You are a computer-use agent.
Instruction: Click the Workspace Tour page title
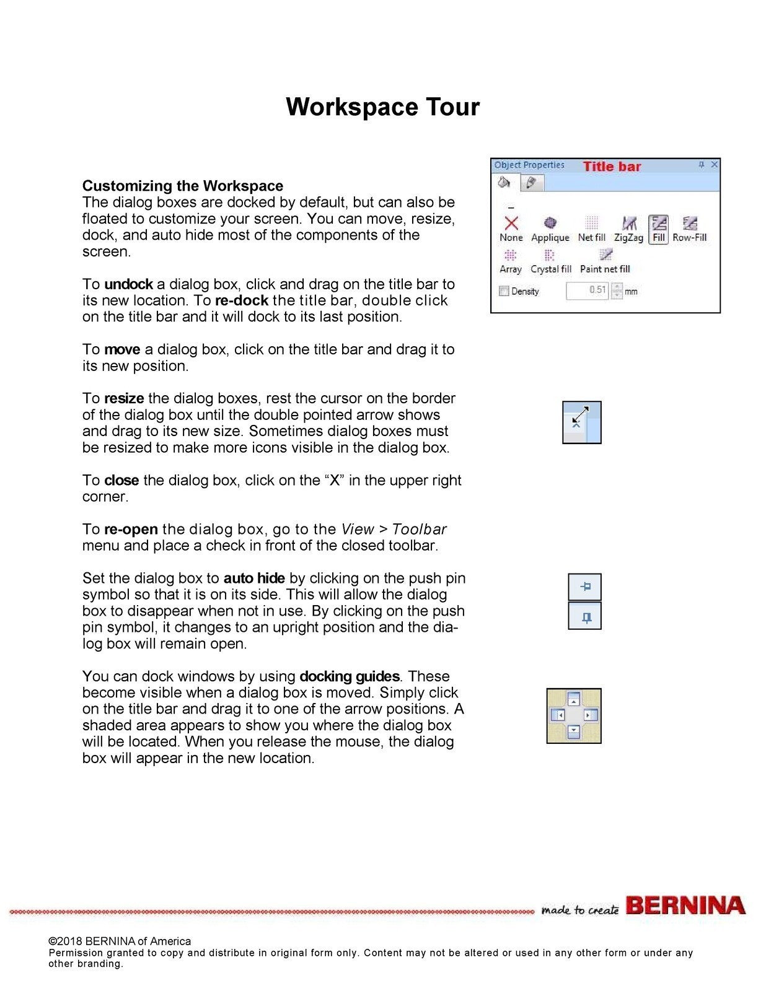click(x=382, y=107)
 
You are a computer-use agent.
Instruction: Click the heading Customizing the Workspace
click(x=183, y=186)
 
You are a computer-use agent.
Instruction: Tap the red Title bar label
click(x=612, y=166)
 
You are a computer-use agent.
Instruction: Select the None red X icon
click(x=511, y=224)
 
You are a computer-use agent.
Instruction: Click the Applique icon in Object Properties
click(x=550, y=223)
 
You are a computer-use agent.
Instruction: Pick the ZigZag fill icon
click(x=629, y=223)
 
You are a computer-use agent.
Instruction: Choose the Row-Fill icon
click(x=690, y=223)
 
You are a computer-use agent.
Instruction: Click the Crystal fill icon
click(x=550, y=255)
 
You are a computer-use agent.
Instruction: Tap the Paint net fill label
click(x=605, y=269)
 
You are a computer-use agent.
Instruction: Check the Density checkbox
click(x=504, y=291)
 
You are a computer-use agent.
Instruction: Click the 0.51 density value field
click(x=588, y=290)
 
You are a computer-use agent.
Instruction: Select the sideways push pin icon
click(x=585, y=587)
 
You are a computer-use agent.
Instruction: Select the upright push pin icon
click(x=585, y=616)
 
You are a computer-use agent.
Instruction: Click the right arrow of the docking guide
click(x=590, y=715)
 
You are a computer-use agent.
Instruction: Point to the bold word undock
click(x=128, y=284)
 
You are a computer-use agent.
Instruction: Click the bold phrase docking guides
click(x=350, y=676)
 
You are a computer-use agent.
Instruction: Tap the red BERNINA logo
click(x=685, y=906)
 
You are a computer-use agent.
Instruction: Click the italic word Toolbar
click(x=420, y=530)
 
